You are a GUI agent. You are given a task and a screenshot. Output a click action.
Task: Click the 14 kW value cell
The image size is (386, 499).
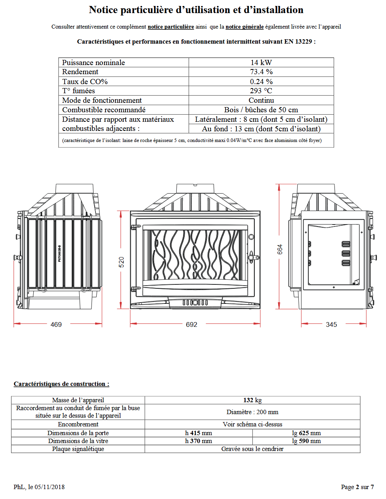point(261,62)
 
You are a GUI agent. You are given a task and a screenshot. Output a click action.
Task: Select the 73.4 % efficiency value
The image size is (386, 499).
point(261,72)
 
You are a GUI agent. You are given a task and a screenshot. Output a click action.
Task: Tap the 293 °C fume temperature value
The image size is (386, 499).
point(261,91)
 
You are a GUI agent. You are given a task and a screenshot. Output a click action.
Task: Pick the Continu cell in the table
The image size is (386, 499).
point(261,100)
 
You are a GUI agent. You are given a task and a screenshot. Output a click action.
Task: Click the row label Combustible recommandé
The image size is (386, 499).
point(104,110)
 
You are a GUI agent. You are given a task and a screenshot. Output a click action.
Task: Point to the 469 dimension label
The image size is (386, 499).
point(56,324)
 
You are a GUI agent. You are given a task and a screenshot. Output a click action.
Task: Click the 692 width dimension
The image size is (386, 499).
point(191,324)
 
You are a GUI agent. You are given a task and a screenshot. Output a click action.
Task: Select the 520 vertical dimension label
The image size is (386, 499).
point(122,262)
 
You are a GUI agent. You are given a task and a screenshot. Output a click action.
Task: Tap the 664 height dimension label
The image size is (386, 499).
point(280,249)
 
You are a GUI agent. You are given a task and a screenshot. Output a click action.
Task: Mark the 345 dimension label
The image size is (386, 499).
point(331,324)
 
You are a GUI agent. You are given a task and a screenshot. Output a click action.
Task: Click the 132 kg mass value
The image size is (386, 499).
point(252,400)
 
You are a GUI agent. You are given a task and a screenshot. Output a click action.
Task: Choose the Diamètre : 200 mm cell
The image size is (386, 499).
point(252,412)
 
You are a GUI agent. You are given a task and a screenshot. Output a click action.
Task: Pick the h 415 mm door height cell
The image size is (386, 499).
point(199,433)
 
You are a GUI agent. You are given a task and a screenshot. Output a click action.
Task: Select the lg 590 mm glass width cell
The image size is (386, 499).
point(306,441)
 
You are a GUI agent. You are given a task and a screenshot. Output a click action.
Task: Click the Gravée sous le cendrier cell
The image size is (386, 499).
point(252,449)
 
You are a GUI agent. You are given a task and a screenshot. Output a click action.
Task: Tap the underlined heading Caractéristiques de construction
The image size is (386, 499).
point(61,384)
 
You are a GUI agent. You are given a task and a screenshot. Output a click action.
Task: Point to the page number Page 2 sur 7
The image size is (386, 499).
point(357,487)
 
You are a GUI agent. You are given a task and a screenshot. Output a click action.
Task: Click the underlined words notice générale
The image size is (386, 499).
point(245,27)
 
